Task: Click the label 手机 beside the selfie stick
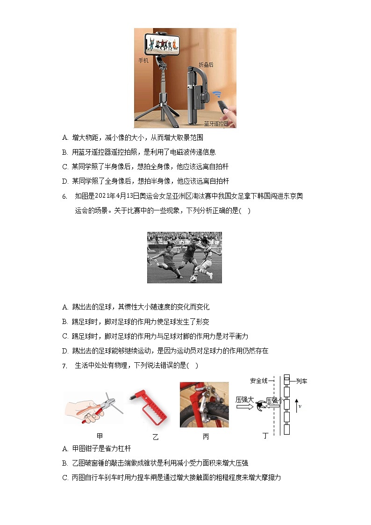143,61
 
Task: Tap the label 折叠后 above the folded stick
206,65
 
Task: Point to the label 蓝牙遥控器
216,124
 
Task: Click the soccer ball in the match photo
193,279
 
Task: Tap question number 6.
65,196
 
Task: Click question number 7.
65,366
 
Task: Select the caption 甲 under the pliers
100,436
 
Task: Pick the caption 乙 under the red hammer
156,438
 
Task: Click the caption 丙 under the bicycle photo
206,437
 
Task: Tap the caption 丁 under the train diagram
265,436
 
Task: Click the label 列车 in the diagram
301,381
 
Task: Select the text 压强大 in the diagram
244,400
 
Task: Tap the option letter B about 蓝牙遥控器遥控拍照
65,152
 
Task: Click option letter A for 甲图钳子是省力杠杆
65,449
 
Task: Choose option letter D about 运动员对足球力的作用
65,351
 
